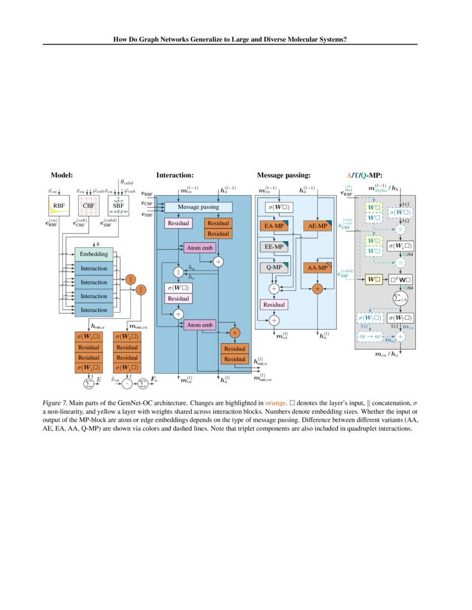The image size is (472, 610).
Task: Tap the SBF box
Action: pos(118,206)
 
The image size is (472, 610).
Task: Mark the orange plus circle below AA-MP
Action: pos(318,288)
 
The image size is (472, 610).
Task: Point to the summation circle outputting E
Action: pos(88,382)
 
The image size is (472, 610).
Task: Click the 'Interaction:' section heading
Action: pos(174,175)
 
